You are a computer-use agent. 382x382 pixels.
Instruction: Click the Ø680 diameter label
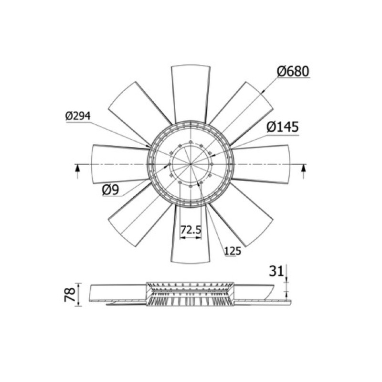tap(293, 71)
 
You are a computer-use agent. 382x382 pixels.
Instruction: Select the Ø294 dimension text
tap(78, 116)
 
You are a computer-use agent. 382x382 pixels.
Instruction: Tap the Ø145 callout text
tap(283, 127)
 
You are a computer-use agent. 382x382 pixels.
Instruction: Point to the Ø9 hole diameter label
tap(111, 190)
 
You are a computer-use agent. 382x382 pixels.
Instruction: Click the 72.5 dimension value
tap(191, 230)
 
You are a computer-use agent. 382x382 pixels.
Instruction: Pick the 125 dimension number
tap(233, 251)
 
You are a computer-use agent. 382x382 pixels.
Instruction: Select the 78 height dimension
tap(70, 295)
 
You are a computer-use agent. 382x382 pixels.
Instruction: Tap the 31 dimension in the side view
tap(276, 271)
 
